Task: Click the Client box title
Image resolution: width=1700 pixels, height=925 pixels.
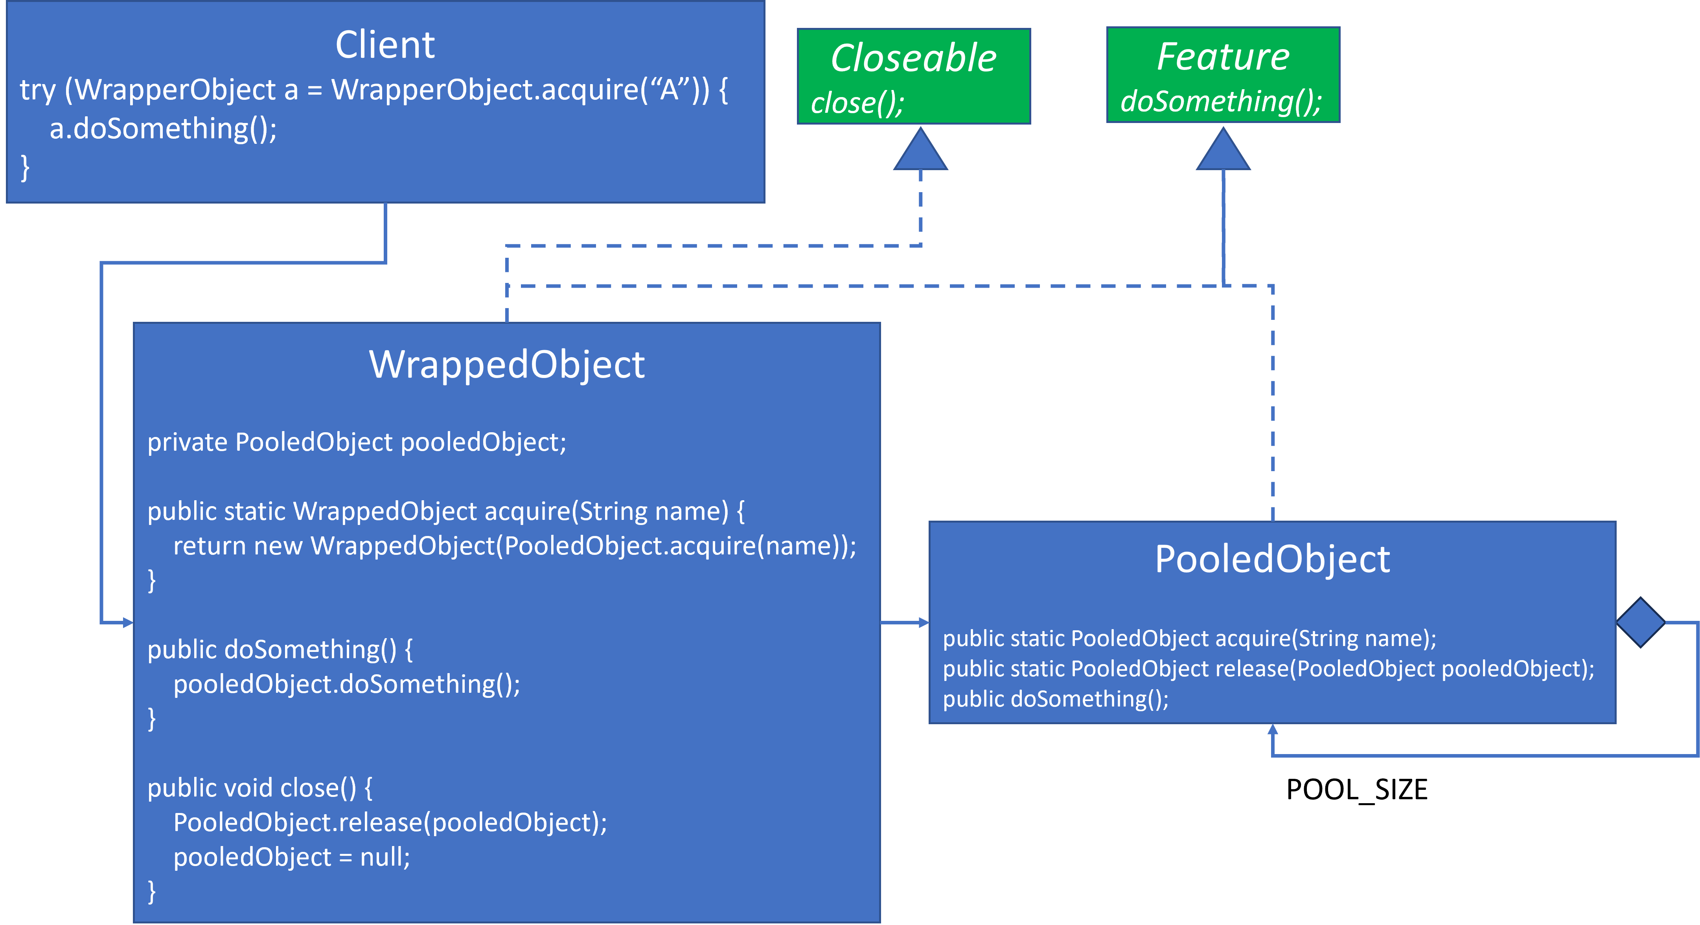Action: coord(385,45)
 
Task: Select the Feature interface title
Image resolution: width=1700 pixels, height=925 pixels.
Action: coord(1223,56)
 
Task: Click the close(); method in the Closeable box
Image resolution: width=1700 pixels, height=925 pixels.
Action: coord(857,103)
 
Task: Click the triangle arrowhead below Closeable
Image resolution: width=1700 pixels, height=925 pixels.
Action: coord(921,152)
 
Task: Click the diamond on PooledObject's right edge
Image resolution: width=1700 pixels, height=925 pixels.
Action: coord(1641,622)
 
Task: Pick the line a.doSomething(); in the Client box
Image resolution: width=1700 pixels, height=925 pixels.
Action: coord(163,128)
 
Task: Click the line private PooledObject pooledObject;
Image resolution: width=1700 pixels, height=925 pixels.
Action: coord(356,442)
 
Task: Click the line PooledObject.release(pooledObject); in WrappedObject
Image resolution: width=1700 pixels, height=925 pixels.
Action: coord(389,822)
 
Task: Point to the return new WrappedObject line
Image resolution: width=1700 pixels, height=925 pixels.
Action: coord(514,546)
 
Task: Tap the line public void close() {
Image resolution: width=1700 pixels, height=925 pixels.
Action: coord(260,788)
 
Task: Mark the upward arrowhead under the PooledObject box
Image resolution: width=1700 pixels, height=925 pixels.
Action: coord(1272,730)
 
